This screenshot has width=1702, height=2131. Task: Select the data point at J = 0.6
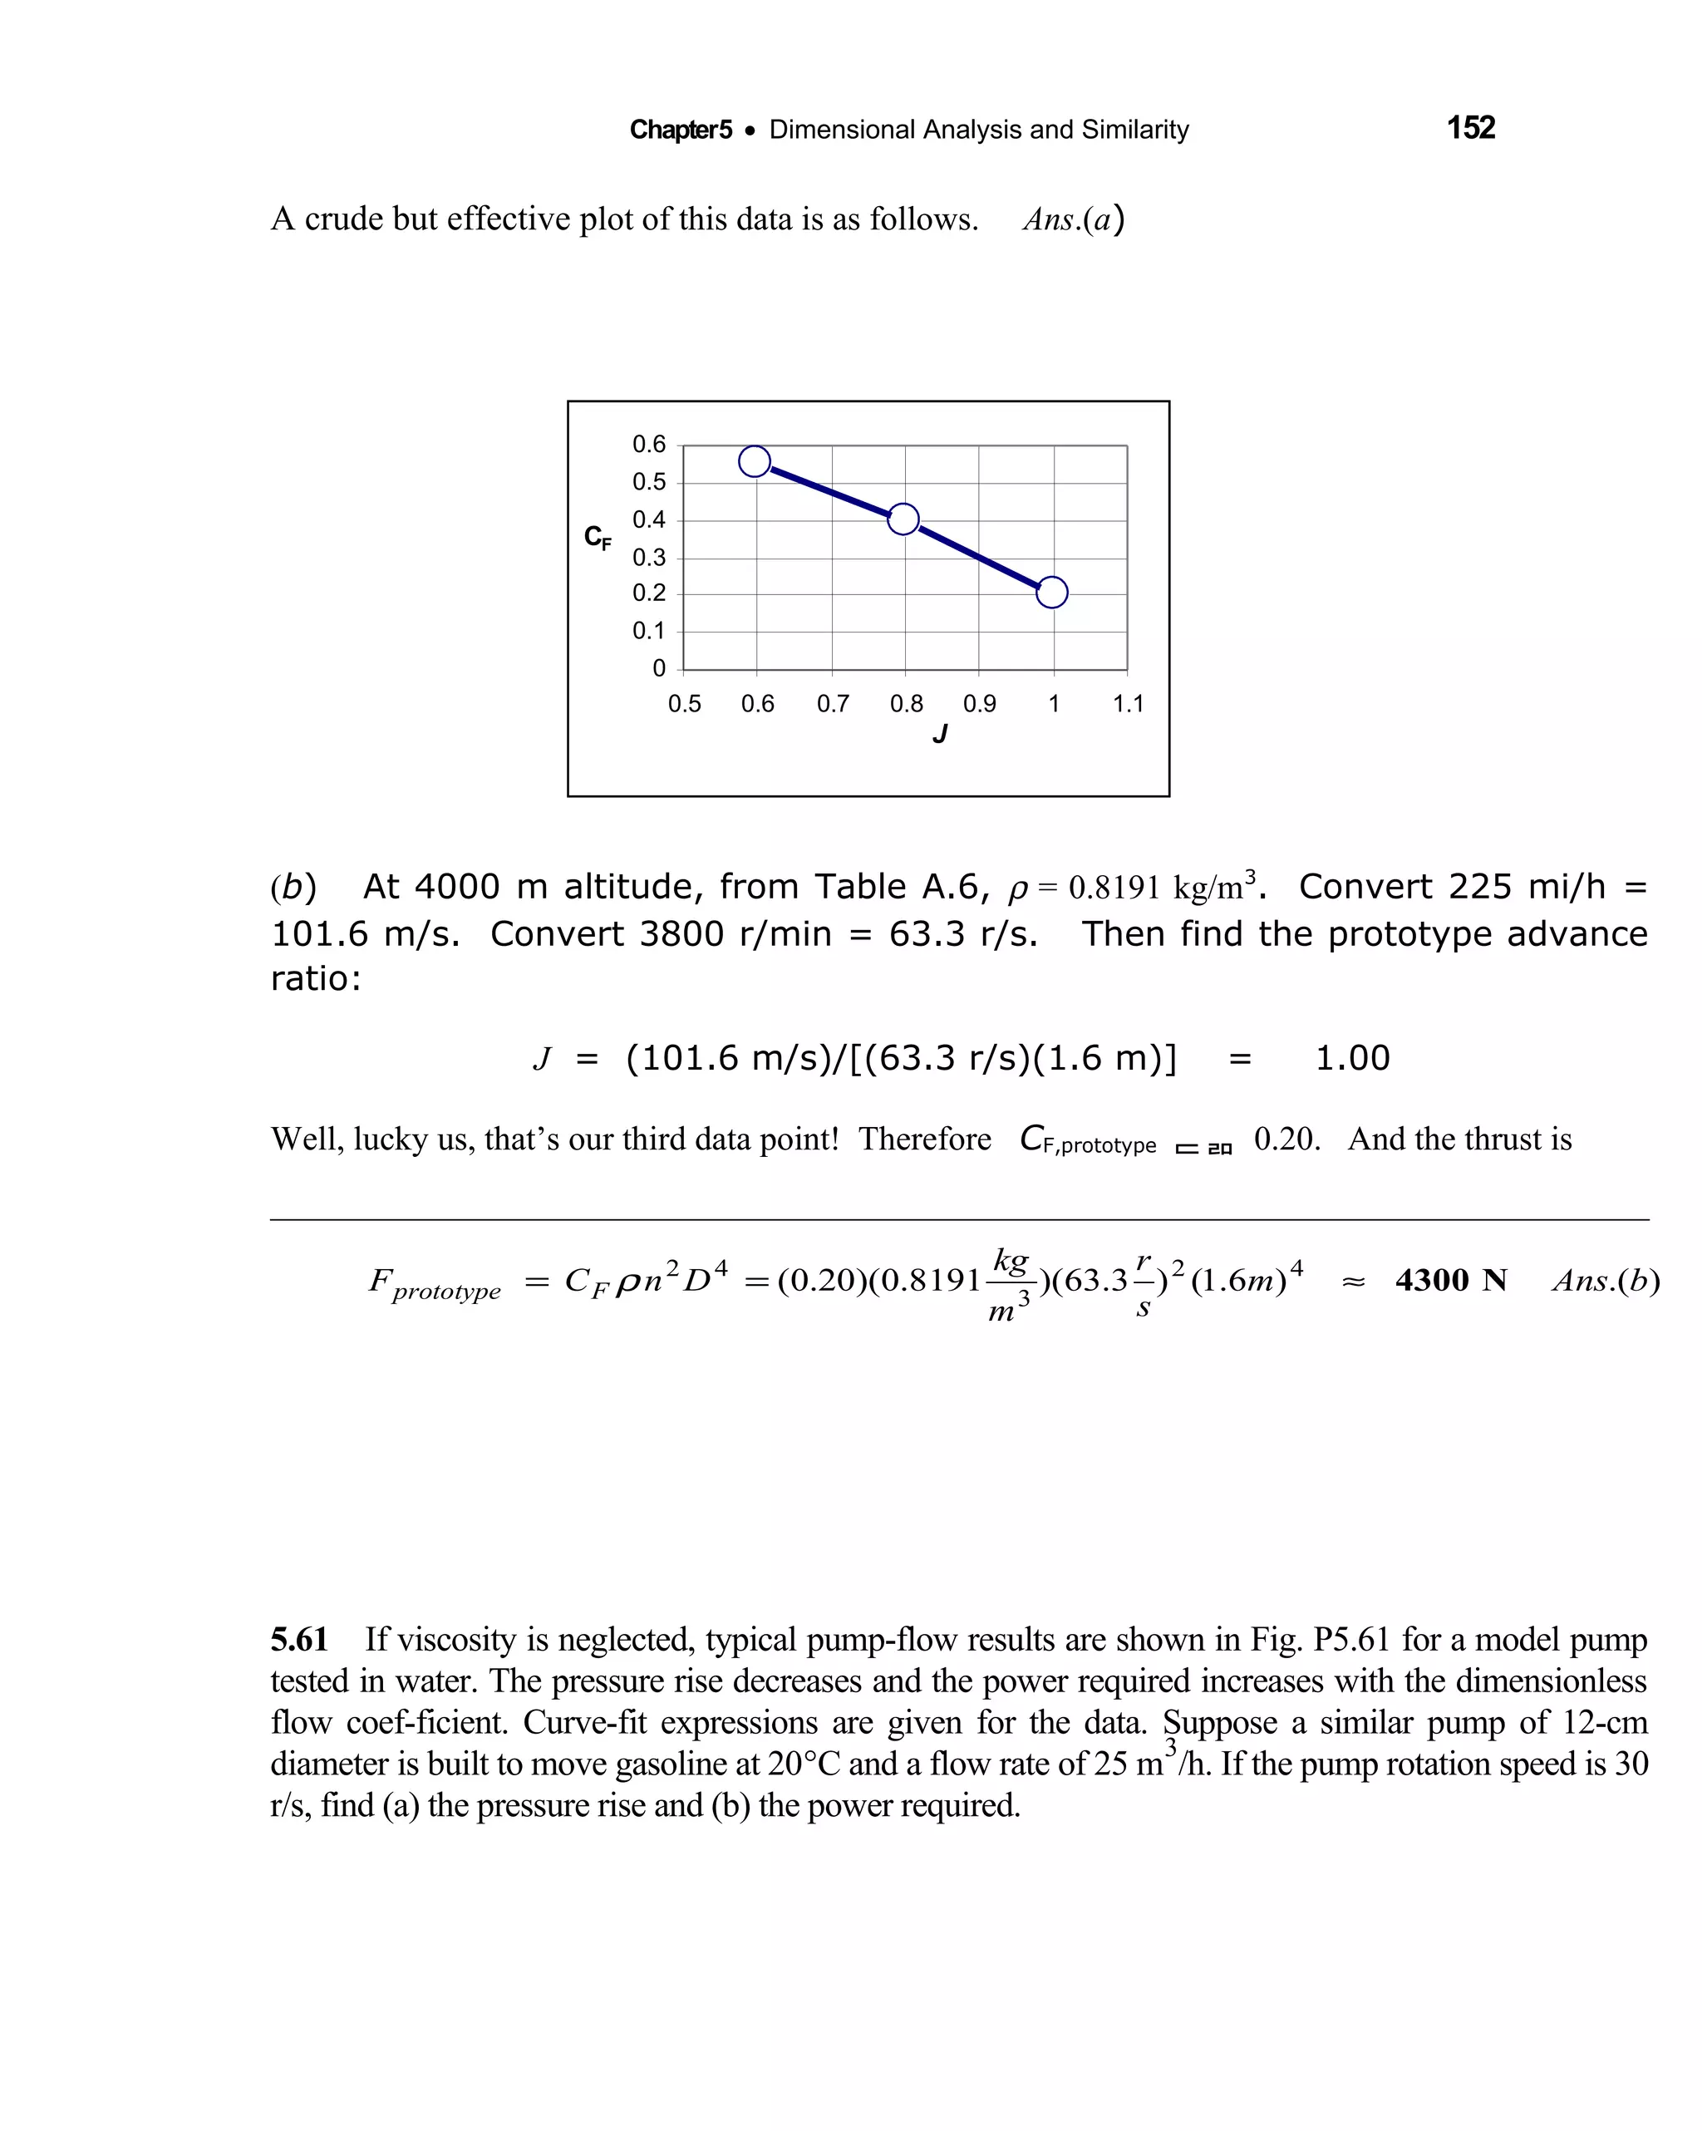[x=754, y=460]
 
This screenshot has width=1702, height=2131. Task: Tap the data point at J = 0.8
[x=903, y=519]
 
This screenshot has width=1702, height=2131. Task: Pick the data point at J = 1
[x=1051, y=592]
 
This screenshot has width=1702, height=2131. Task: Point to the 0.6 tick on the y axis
[x=649, y=445]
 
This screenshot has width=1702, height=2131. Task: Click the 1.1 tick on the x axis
[x=1128, y=704]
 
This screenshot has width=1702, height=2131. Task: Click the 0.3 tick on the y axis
[x=649, y=558]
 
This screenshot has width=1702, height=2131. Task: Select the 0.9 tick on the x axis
[x=980, y=704]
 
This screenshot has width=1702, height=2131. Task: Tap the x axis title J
[x=940, y=735]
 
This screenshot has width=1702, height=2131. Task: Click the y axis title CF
[x=597, y=537]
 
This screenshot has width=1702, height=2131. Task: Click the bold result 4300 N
[x=1450, y=1281]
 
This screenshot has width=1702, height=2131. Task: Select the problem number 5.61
[x=299, y=1639]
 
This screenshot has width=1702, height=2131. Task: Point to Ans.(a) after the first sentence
[x=1074, y=219]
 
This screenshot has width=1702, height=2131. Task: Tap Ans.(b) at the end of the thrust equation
[x=1605, y=1281]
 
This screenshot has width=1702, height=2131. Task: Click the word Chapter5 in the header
[x=681, y=130]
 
